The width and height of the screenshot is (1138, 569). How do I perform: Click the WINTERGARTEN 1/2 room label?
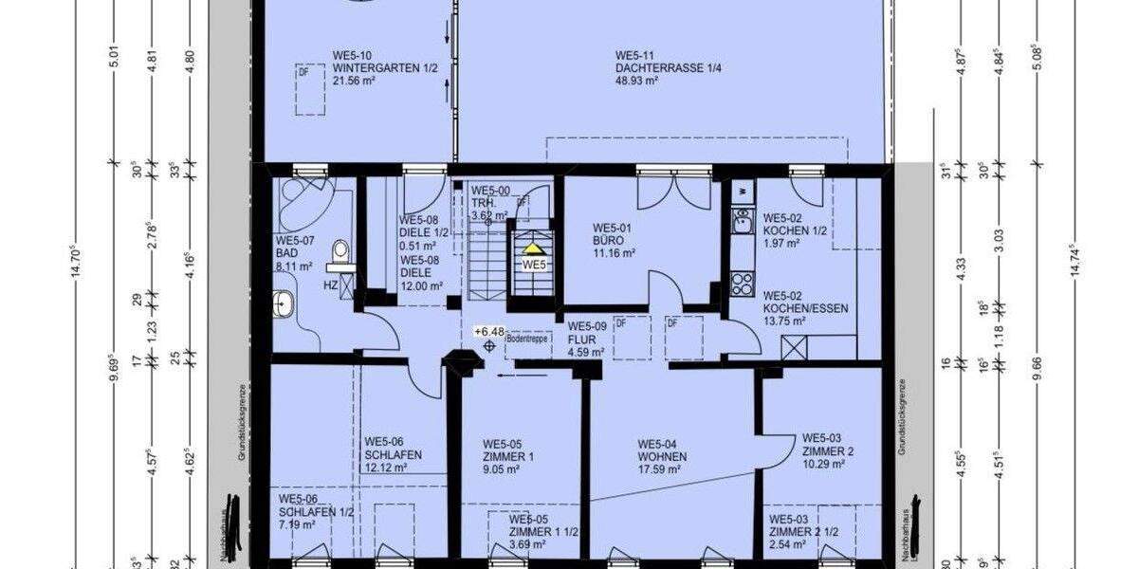tap(376, 67)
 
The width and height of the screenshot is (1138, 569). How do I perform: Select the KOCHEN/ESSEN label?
tap(805, 308)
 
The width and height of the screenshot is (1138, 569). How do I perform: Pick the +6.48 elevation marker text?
tap(489, 331)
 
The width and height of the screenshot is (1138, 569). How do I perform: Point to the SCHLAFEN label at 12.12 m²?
tap(393, 454)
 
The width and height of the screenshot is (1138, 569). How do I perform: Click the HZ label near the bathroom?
tap(331, 284)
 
